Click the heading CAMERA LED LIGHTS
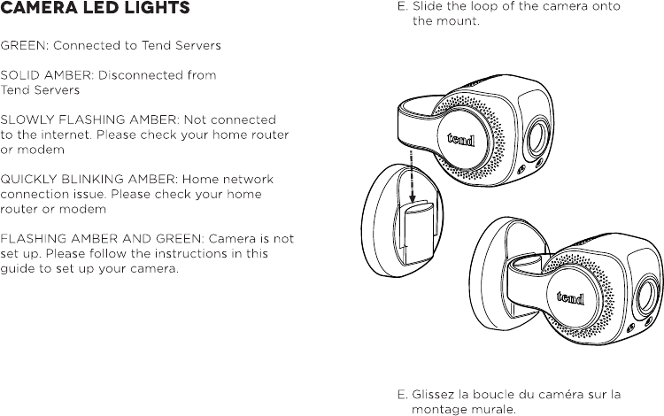[95, 10]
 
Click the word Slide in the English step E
[429, 6]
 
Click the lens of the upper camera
[537, 136]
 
